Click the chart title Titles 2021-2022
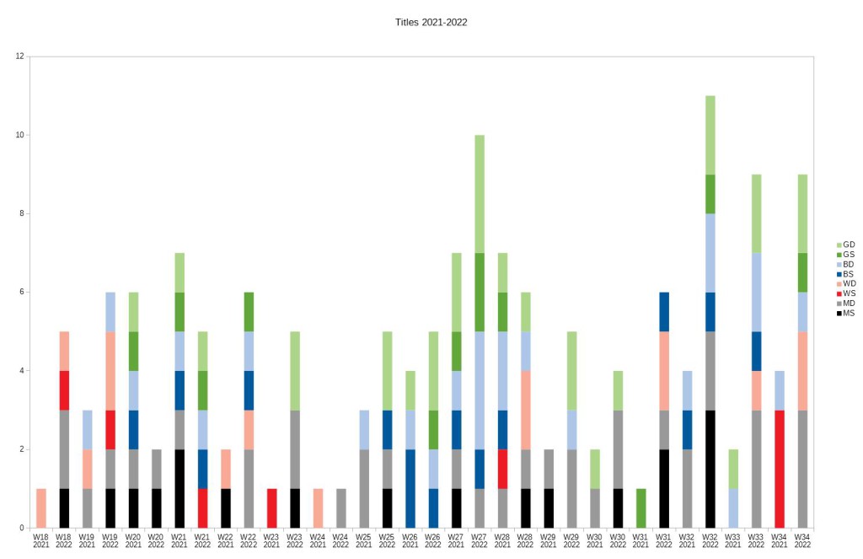pos(431,22)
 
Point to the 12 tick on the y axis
pos(19,56)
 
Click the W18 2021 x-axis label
pos(40,540)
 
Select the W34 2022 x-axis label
pos(802,540)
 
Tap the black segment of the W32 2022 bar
pos(710,469)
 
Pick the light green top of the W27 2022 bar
pos(480,194)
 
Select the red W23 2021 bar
pos(271,508)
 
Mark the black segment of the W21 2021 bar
pos(179,489)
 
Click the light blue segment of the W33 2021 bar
pos(733,508)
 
